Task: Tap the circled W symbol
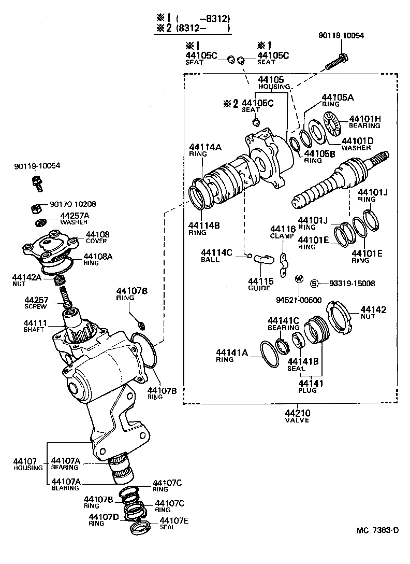coord(299,279)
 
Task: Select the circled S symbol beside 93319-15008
coord(314,283)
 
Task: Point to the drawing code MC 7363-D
coord(377,530)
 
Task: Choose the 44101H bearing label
coord(364,122)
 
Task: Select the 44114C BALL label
coord(217,256)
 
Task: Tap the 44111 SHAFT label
coord(35,326)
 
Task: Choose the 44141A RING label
coord(232,356)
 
